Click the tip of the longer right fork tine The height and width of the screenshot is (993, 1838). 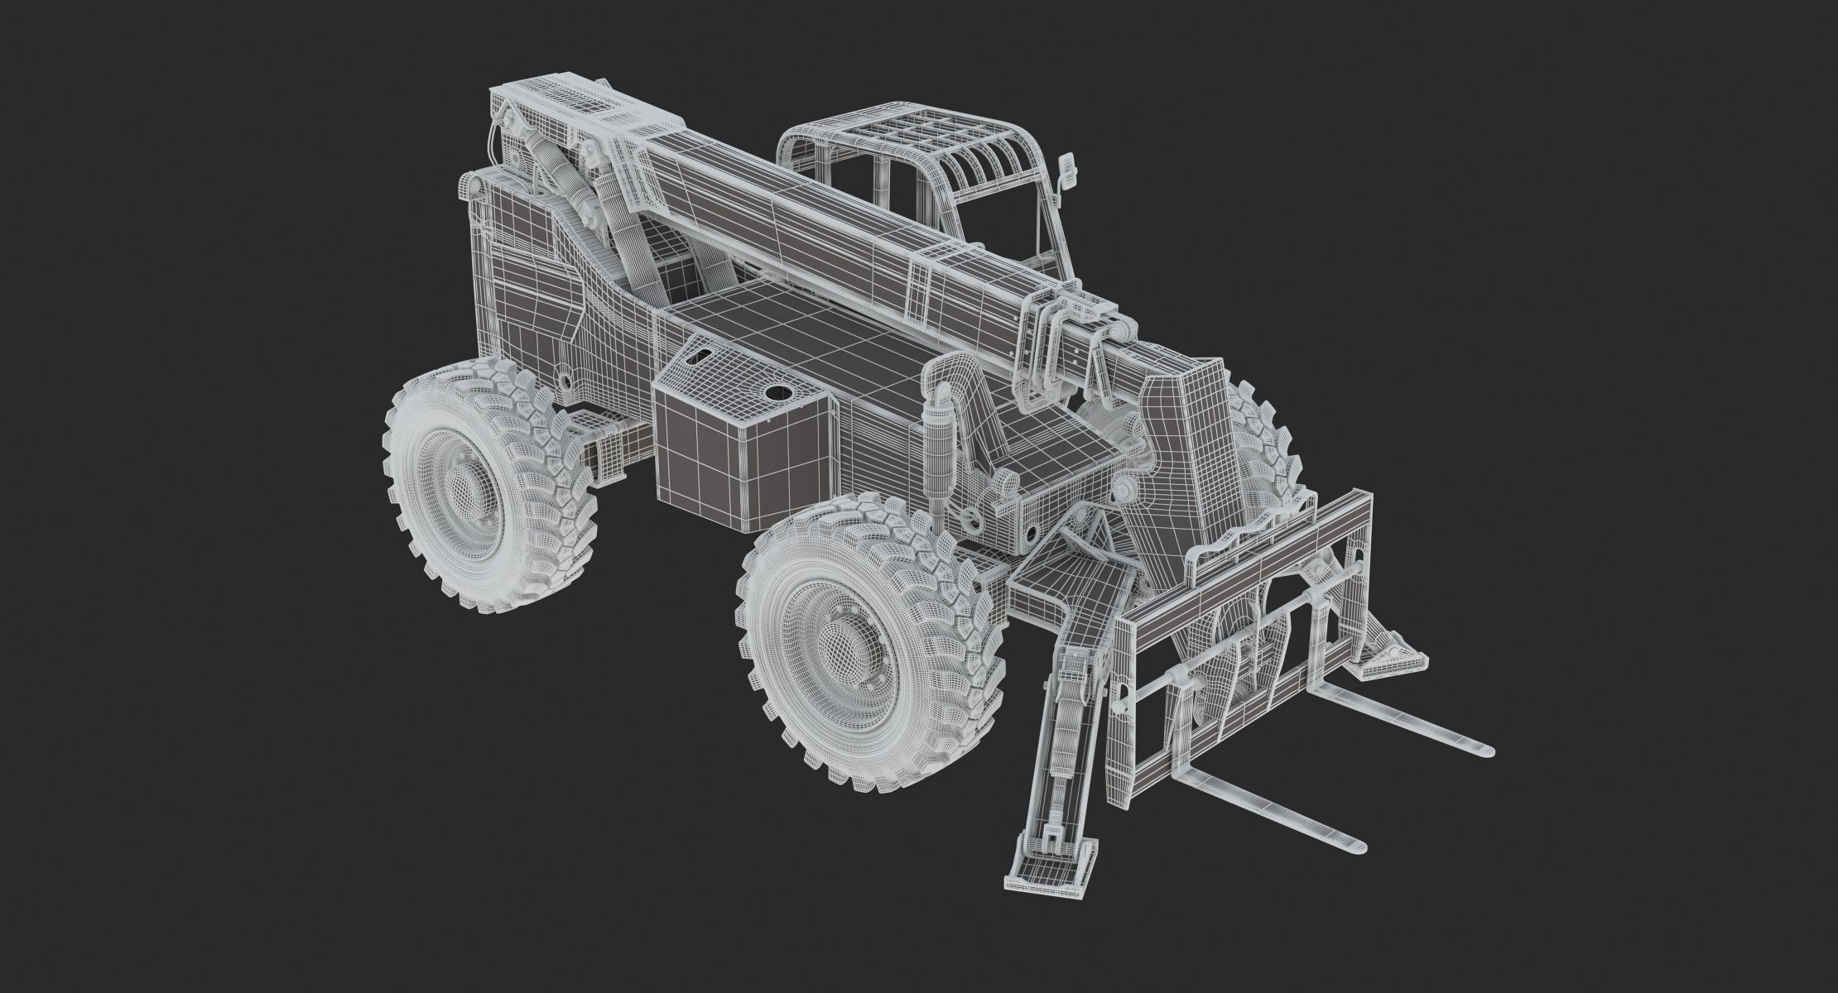pyautogui.click(x=1487, y=751)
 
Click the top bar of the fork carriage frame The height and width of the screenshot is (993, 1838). pyautogui.click(x=1242, y=530)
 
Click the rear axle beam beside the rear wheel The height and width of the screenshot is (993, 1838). pyautogui.click(x=609, y=451)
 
